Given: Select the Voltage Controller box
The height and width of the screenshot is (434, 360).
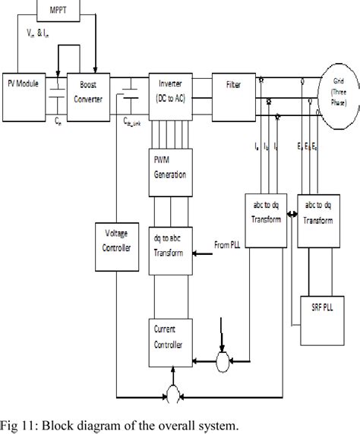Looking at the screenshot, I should [115, 248].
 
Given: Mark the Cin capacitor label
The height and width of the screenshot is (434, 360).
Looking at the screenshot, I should [58, 121].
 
